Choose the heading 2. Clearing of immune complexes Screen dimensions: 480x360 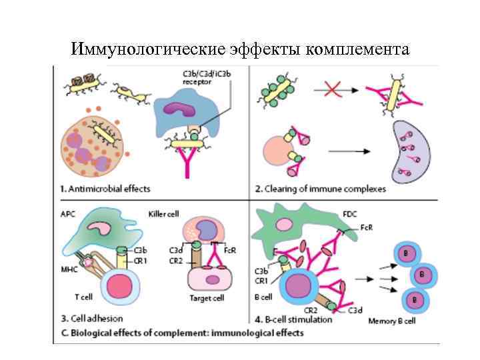point(321,189)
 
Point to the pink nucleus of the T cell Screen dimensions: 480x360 point(121,287)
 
